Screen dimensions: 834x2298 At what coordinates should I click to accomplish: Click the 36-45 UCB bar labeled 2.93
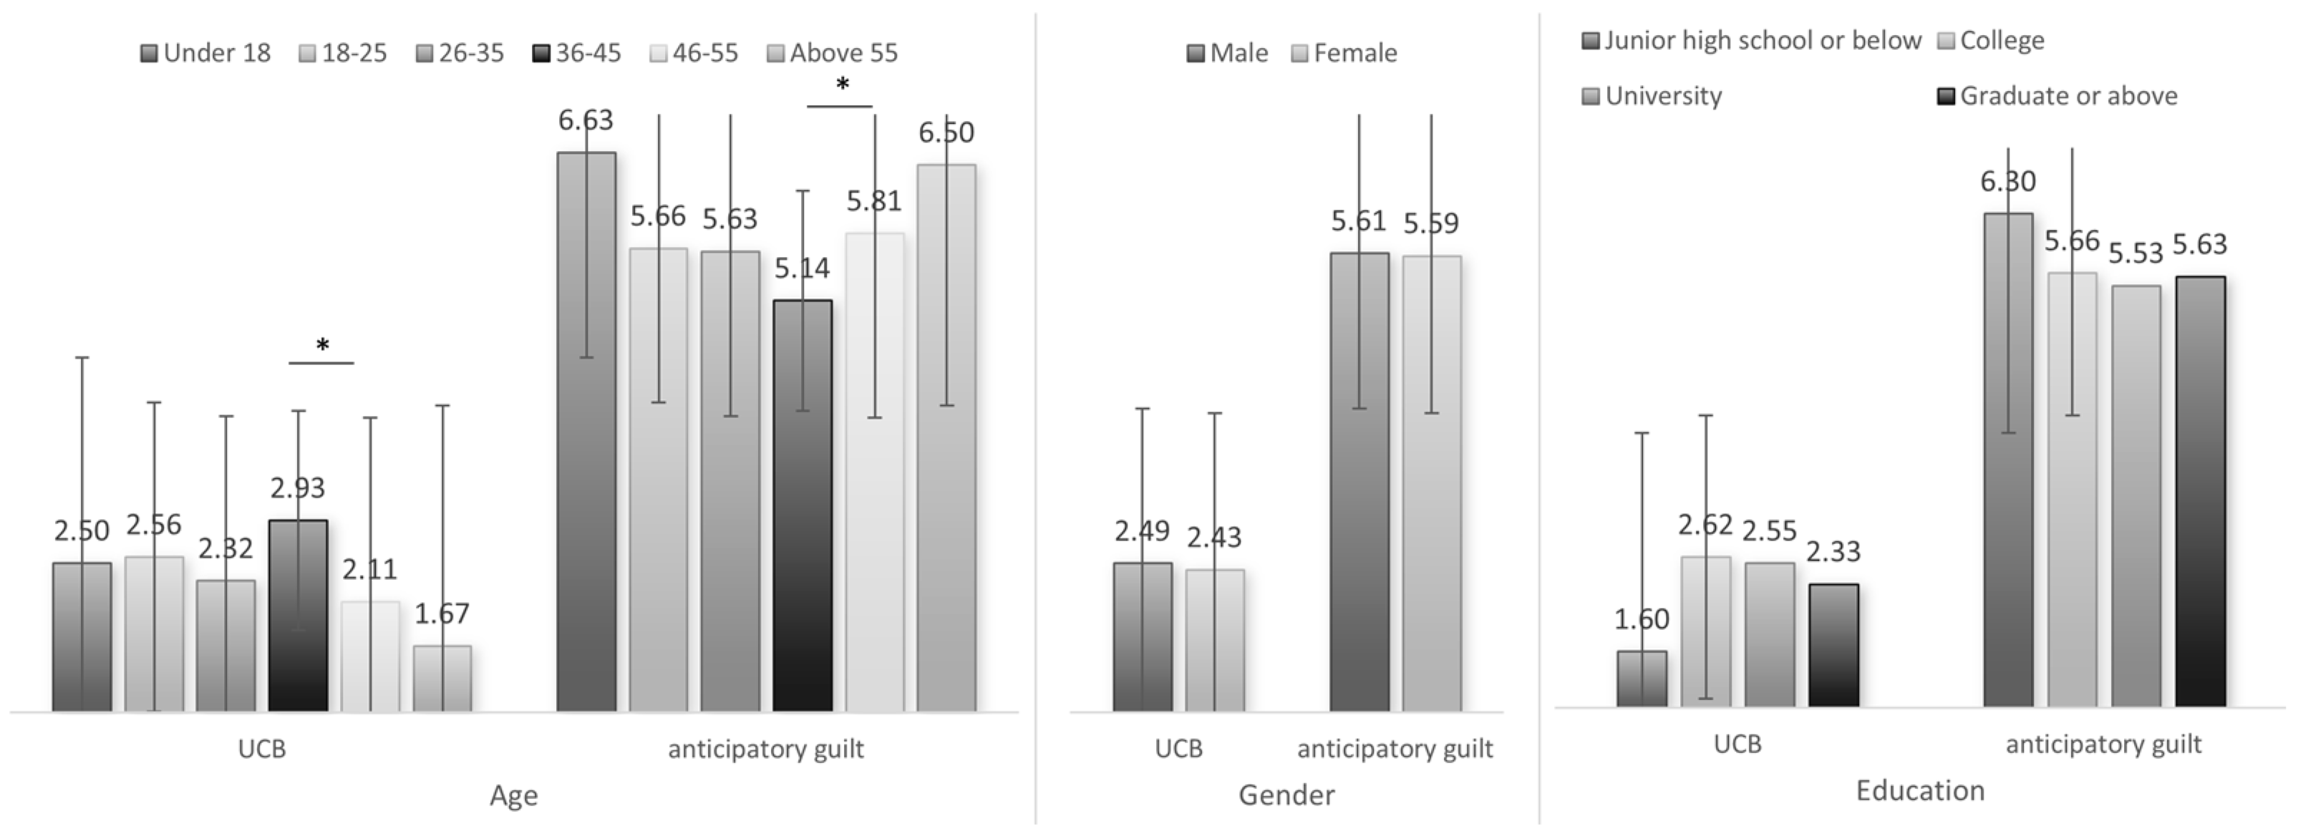[x=298, y=616]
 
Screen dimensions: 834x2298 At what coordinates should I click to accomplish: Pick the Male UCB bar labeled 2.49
[x=1142, y=637]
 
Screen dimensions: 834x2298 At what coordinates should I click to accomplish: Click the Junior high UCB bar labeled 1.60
[x=1642, y=679]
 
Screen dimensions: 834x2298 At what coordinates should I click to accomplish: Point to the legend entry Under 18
[x=206, y=54]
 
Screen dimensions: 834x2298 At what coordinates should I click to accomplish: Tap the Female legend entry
[x=1344, y=54]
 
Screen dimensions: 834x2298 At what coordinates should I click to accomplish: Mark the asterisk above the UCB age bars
[x=322, y=346]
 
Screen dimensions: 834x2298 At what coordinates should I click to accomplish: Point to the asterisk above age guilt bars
[x=841, y=87]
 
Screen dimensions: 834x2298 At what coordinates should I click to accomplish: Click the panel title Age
[x=513, y=795]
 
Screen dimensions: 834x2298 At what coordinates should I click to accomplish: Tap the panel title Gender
[x=1286, y=795]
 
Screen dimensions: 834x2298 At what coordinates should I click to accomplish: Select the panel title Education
[x=1920, y=791]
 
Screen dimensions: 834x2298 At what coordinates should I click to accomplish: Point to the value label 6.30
[x=2008, y=182]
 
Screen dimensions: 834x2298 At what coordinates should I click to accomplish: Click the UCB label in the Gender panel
[x=1178, y=748]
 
